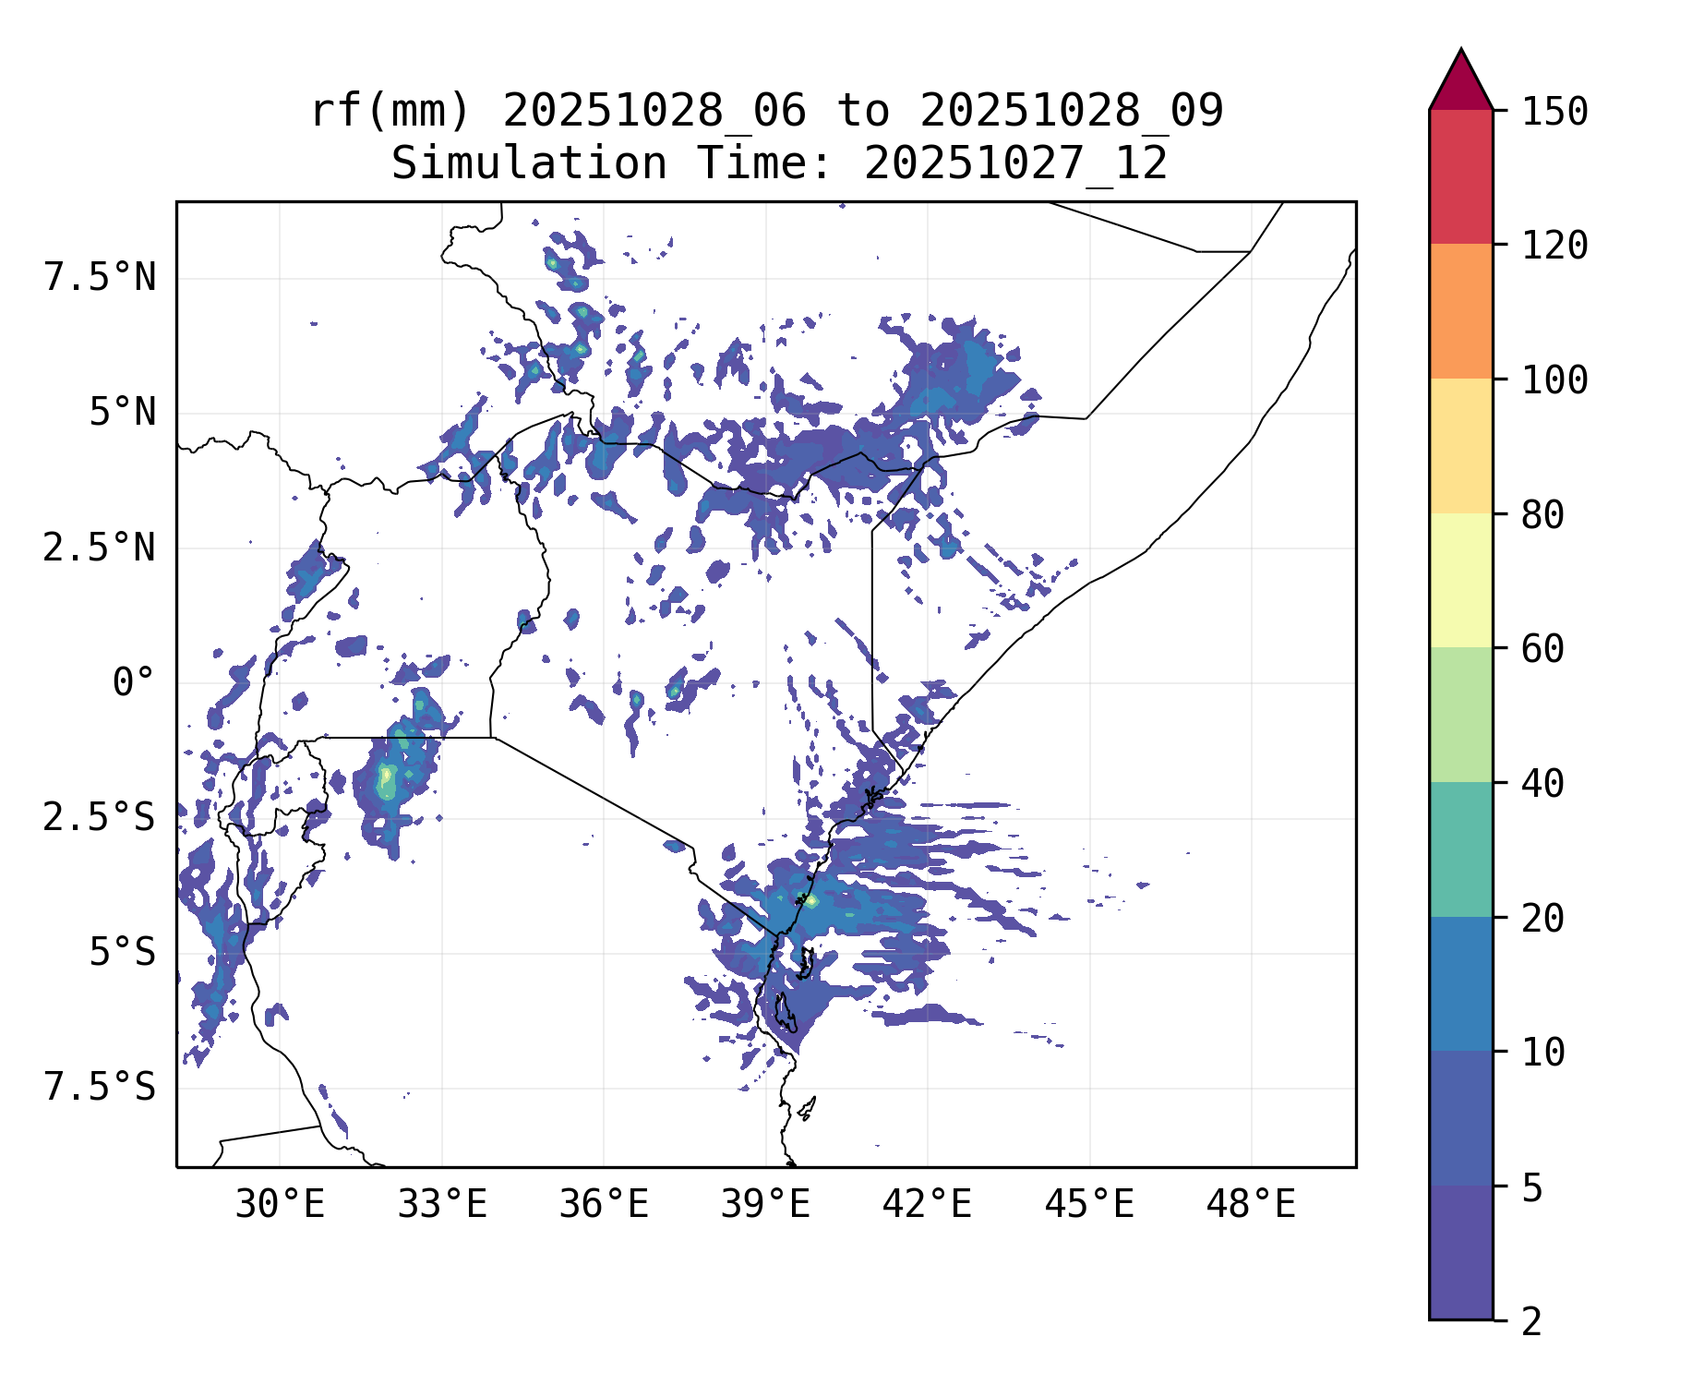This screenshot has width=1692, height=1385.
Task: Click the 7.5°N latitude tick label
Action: [100, 277]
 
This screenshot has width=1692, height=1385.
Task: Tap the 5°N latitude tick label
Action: [122, 413]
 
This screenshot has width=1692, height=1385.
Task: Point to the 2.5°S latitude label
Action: [100, 817]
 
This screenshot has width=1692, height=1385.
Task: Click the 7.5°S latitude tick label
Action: [100, 1087]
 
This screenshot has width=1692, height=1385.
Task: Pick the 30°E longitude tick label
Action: [280, 1205]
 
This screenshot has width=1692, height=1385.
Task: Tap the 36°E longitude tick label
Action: [604, 1205]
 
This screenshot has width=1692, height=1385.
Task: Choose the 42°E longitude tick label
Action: [928, 1205]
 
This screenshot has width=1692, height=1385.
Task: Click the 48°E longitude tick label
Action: [1252, 1205]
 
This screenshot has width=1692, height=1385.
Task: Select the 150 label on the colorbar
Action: [1554, 112]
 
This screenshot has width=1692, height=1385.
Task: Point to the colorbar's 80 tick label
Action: [1543, 515]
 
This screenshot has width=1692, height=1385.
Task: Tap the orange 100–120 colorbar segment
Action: [1460, 311]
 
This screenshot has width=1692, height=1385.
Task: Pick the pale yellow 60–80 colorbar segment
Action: [1460, 580]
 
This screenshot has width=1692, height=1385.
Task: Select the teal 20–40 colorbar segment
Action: [1460, 849]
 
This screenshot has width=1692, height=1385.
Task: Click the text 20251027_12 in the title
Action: [1015, 164]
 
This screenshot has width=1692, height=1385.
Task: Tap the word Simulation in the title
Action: [529, 164]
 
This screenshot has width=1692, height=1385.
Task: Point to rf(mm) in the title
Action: [390, 112]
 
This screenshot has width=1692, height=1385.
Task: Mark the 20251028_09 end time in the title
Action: [1071, 112]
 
